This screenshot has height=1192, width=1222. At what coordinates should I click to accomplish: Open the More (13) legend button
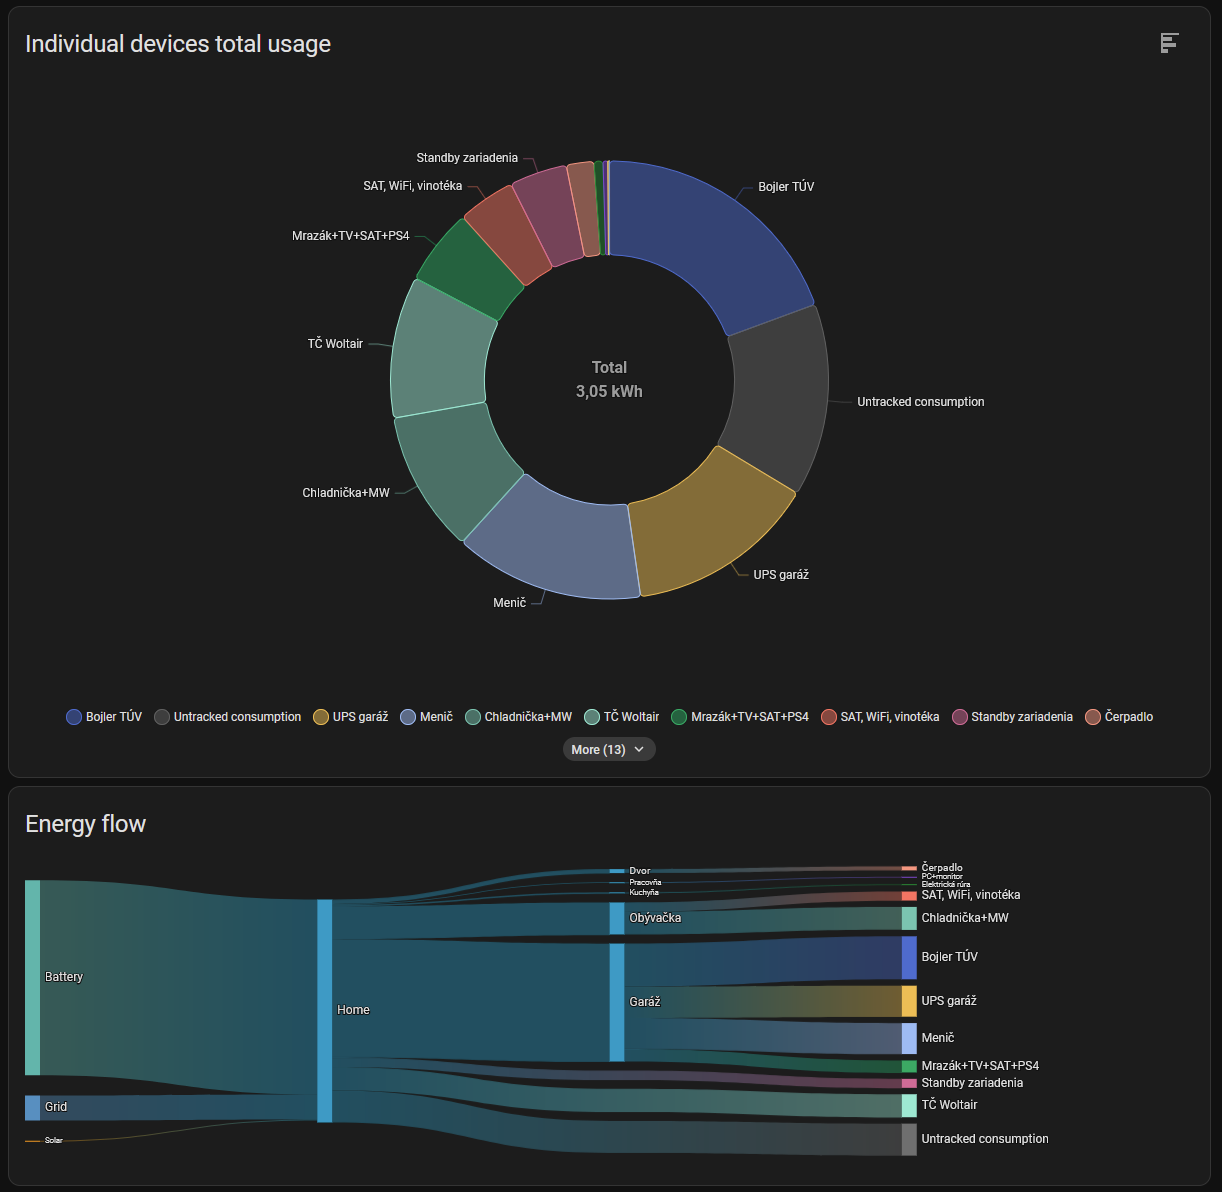pyautogui.click(x=609, y=749)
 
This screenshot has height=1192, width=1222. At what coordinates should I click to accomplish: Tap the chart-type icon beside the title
pyautogui.click(x=1169, y=43)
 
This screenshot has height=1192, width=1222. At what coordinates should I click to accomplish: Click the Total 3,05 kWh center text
pyautogui.click(x=609, y=380)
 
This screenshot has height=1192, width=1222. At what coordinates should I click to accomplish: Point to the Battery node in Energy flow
pyautogui.click(x=33, y=977)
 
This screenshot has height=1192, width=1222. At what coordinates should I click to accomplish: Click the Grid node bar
pyautogui.click(x=33, y=1107)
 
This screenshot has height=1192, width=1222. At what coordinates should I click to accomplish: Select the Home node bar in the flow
pyautogui.click(x=325, y=1010)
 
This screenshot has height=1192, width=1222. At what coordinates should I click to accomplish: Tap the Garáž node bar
pyautogui.click(x=617, y=1002)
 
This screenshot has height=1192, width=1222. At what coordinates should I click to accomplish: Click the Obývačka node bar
pyautogui.click(x=617, y=918)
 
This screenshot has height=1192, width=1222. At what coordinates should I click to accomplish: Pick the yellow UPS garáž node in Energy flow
pyautogui.click(x=909, y=1001)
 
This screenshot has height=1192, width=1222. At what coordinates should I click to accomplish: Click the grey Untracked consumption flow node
pyautogui.click(x=909, y=1139)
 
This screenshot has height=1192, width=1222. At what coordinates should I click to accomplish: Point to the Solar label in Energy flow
pyautogui.click(x=53, y=1140)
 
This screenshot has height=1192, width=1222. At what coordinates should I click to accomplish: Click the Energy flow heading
pyautogui.click(x=86, y=824)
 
